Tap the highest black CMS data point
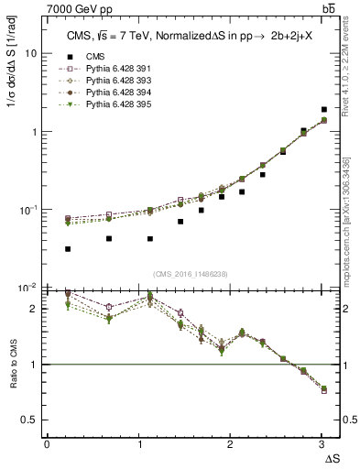323,110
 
